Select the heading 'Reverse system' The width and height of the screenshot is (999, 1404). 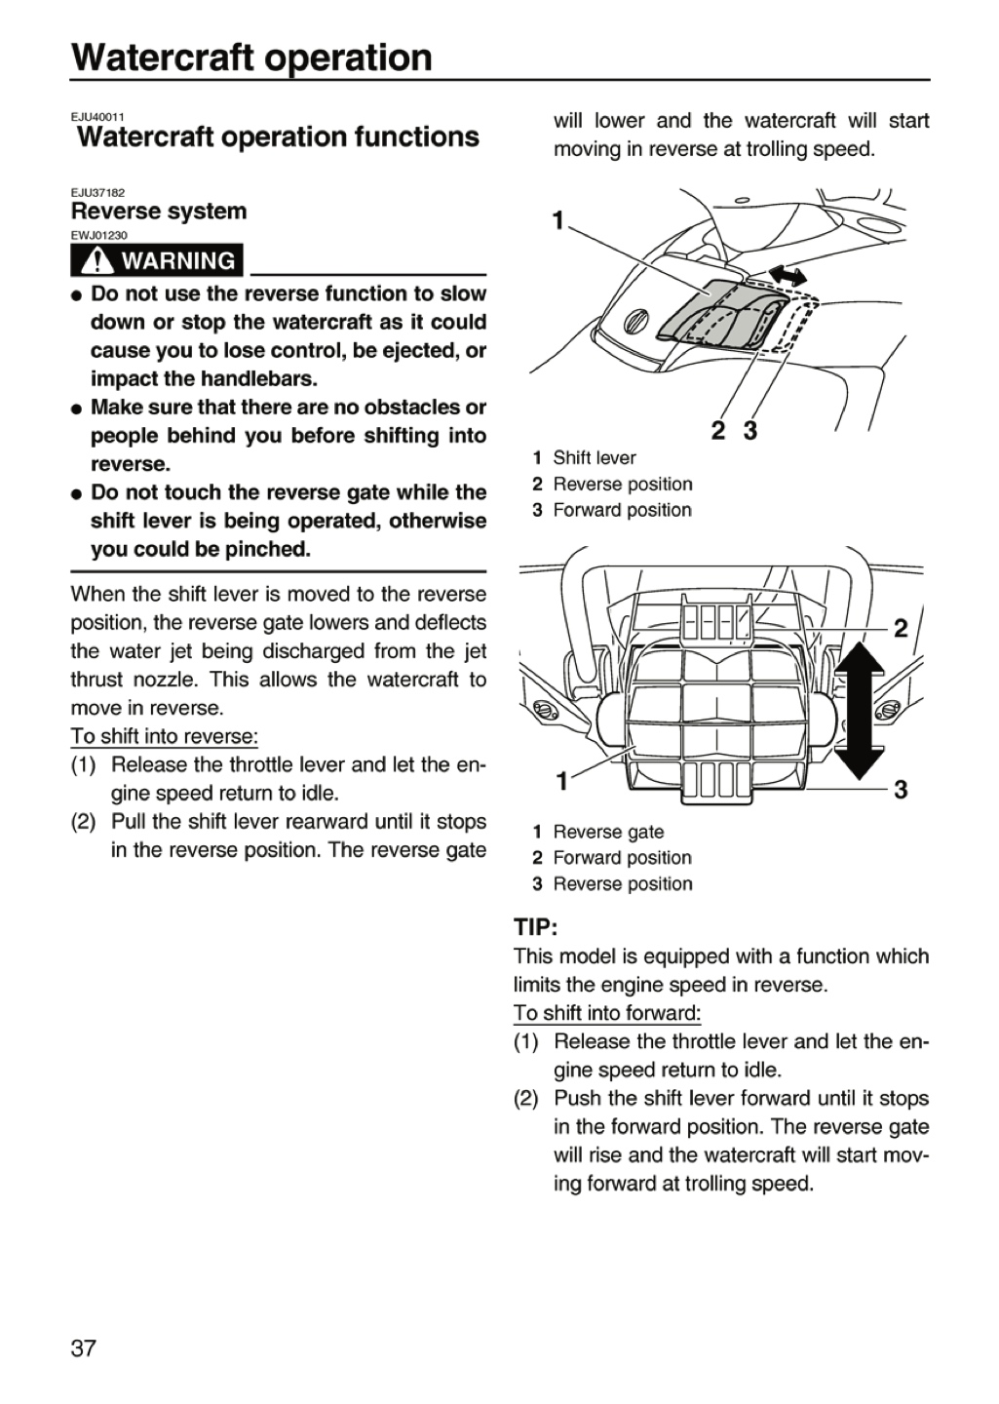159,212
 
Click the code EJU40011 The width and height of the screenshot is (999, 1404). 97,117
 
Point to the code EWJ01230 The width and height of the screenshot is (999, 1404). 99,236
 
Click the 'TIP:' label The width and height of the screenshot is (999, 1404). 536,927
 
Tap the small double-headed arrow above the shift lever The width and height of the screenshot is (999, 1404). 788,274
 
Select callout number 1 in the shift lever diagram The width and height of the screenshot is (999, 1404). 557,220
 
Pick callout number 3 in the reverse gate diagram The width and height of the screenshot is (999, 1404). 900,789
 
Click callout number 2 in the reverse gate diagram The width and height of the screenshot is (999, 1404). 900,628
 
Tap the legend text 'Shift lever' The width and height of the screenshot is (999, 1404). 595,458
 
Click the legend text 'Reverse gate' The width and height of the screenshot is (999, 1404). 608,832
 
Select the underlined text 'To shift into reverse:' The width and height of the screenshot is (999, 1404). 164,736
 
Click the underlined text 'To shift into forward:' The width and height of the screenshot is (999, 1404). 607,1013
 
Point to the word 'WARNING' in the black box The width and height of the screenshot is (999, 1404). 178,260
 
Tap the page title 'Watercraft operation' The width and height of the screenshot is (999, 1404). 252,58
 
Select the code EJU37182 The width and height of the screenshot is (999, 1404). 97,193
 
